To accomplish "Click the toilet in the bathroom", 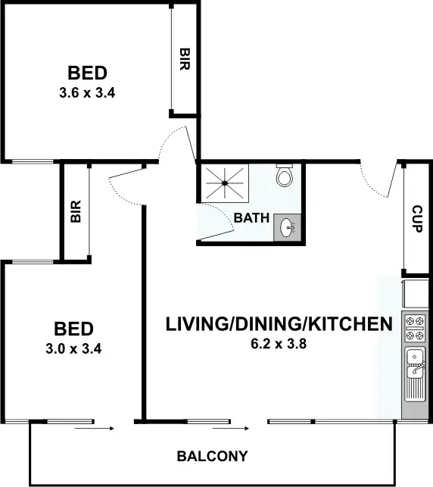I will pos(285,177).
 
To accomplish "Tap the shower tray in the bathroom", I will pos(224,183).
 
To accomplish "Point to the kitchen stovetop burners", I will pos(413,328).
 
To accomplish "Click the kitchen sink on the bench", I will pos(413,364).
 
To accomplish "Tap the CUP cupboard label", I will pos(417,218).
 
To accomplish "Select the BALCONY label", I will pos(213,457).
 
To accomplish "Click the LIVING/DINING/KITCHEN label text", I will pos(279,325).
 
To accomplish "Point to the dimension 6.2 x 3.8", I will pos(279,343).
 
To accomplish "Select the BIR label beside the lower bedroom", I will pos(76,211).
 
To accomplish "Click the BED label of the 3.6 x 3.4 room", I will pos(87,73).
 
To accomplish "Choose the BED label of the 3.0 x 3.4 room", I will pos(73,329).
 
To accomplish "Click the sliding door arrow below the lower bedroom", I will pos(94,429).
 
